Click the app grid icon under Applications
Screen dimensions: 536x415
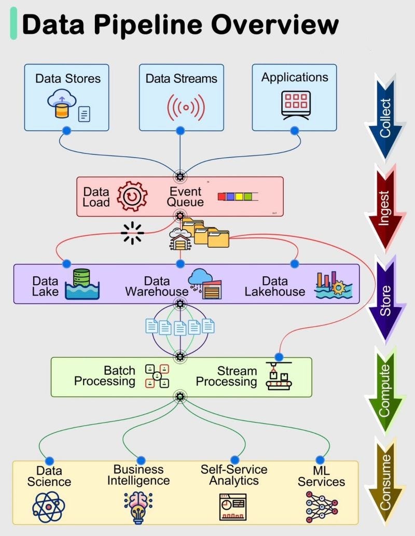coord(296,105)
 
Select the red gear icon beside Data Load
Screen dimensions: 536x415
coord(132,196)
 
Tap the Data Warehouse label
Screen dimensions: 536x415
coord(157,286)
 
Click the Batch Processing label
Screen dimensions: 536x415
coord(104,376)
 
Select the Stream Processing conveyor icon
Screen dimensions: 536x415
coord(279,376)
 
